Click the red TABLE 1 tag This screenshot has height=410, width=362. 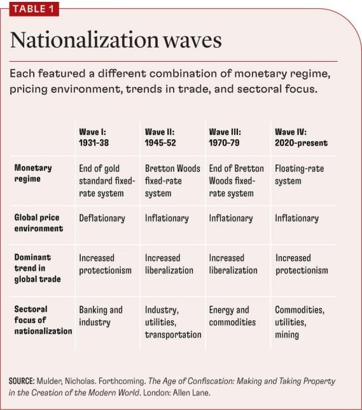coord(34,9)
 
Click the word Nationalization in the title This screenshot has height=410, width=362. coord(84,40)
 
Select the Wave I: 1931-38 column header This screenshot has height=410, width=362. coord(94,137)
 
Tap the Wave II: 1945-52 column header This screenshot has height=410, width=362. coord(160,137)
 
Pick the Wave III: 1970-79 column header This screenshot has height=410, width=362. coord(225,137)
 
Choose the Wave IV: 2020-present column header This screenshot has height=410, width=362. coord(301,137)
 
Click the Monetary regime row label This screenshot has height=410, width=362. coord(33,173)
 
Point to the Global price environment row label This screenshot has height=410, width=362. coord(39,222)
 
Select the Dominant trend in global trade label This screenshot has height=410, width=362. coord(38,268)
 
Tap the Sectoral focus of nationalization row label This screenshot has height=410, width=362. coord(43,320)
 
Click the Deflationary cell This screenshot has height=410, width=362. coord(102,218)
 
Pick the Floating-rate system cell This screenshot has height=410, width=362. coord(299,175)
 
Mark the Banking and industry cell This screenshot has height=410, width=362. coord(101,316)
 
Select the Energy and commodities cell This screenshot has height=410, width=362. coord(232,316)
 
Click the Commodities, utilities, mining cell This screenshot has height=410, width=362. coord(300,322)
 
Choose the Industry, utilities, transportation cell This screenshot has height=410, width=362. coord(173,322)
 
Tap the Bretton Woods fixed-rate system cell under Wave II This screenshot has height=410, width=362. coord(172,181)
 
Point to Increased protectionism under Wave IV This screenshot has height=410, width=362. coord(302,264)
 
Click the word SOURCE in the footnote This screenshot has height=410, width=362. coord(22,381)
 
